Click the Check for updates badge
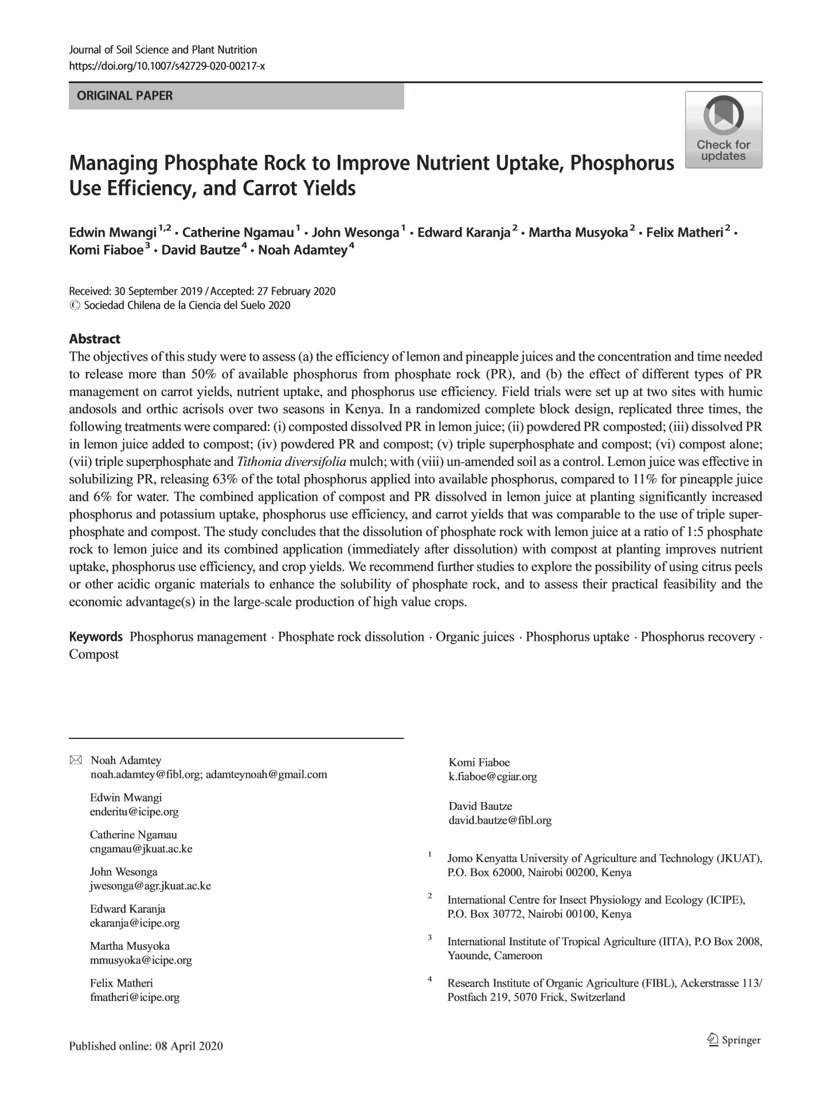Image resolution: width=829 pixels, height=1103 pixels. [x=724, y=130]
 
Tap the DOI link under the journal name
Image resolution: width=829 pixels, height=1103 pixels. [x=166, y=66]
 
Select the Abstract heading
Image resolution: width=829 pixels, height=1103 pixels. [x=95, y=339]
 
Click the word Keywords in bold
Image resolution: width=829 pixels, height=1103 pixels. [x=96, y=637]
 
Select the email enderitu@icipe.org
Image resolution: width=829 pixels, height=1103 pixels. [x=134, y=812]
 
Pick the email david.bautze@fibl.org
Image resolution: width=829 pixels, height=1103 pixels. [x=500, y=820]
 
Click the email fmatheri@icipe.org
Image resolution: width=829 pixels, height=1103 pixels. [x=135, y=997]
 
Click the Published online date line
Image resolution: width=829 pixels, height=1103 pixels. [x=146, y=1046]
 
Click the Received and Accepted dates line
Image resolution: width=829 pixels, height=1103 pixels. [x=202, y=291]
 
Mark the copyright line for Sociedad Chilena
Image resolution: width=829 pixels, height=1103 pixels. [x=179, y=305]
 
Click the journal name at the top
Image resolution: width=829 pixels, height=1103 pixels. [x=163, y=50]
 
